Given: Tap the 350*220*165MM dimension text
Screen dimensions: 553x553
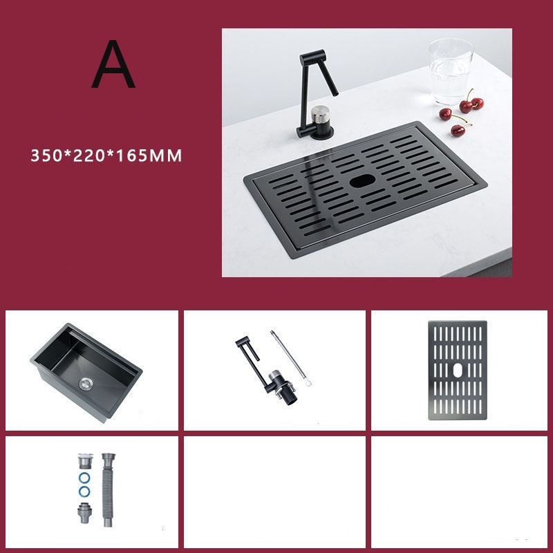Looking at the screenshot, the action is click(106, 156).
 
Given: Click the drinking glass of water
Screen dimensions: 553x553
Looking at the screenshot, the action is click(451, 71).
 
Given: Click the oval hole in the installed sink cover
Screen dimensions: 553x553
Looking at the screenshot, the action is click(362, 181).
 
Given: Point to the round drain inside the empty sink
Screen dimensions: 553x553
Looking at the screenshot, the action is click(86, 384).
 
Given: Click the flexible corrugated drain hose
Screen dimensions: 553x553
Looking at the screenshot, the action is click(108, 489).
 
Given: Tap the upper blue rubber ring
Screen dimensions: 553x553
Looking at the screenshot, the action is click(84, 478).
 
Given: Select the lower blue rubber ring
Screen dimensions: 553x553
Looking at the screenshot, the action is click(84, 491).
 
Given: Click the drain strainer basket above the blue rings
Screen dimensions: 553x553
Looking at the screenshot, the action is click(85, 461).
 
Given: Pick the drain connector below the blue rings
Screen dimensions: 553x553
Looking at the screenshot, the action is click(84, 513).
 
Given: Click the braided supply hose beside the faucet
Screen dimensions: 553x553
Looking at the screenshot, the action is click(291, 358).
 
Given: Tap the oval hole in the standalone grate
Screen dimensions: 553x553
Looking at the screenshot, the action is click(457, 370).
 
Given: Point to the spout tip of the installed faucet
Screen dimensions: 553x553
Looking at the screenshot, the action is click(335, 94).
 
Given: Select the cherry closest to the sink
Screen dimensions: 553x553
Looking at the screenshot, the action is click(458, 131).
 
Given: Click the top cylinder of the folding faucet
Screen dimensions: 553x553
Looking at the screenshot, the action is click(312, 57).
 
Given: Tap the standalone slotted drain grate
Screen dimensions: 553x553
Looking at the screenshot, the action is click(458, 371).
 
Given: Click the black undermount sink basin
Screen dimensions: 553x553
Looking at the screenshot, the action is click(86, 373).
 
